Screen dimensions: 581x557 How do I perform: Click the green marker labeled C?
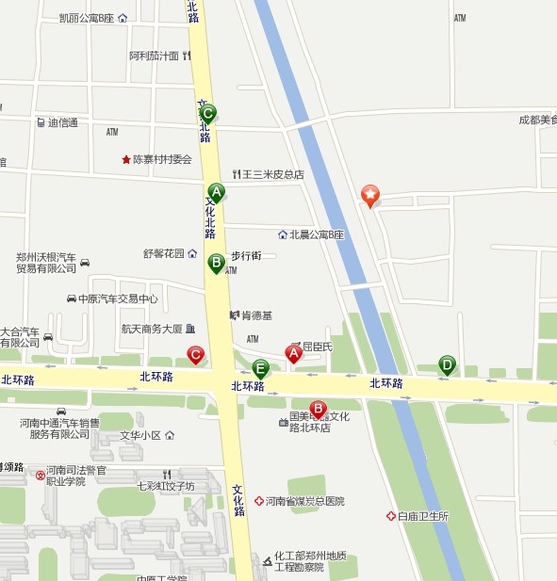coord(208,113)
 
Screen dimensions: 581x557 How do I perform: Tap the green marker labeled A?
coord(216,193)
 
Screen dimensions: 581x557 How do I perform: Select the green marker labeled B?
coord(216,262)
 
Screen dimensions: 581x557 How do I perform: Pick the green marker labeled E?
coord(261,368)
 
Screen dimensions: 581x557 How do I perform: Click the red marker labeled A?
coord(293,354)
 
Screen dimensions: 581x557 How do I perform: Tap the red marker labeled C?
coord(195,355)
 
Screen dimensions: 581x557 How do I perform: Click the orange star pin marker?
coord(371,196)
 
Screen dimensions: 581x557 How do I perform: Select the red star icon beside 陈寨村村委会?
coord(126,159)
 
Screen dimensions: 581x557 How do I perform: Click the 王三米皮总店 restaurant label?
coord(272,174)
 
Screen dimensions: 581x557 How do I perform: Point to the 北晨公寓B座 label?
coord(317,234)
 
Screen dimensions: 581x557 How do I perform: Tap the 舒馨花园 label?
coord(164,253)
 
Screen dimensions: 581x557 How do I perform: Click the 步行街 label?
coord(246,255)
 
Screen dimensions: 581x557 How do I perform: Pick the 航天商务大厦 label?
coord(151,329)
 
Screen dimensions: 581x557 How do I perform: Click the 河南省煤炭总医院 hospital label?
coord(304,501)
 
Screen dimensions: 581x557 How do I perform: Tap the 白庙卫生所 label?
coord(422,516)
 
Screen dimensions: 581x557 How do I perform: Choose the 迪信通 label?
coord(63,122)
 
